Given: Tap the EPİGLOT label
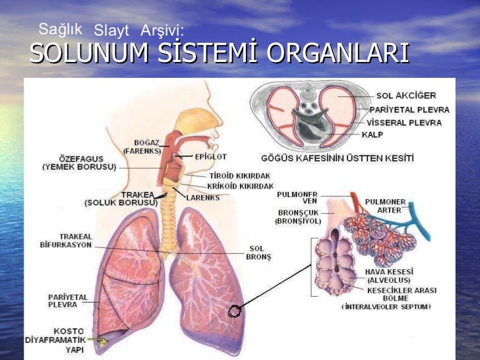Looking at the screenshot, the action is (210, 157).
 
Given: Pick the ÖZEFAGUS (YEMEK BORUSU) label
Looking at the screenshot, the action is (79, 163).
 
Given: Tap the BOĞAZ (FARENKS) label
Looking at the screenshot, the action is (143, 146).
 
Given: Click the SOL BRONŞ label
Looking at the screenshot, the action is (256, 253).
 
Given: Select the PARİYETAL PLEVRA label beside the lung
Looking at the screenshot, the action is (67, 301).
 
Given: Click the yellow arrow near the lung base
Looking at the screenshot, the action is (100, 342).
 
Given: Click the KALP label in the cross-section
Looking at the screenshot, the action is (372, 135).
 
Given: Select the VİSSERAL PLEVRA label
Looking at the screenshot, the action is (405, 123).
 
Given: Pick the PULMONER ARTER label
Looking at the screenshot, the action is (386, 206).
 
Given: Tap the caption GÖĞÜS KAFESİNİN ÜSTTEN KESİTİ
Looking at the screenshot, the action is (338, 158).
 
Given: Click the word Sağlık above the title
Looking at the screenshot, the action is (60, 28).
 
